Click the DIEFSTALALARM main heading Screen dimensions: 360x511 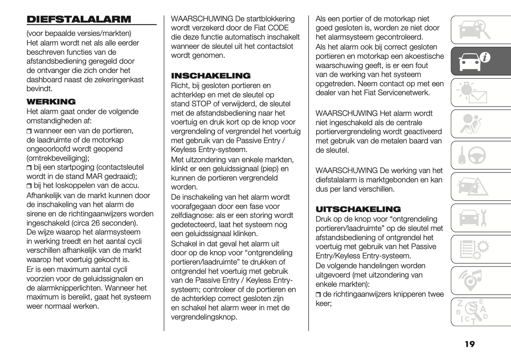[79, 19]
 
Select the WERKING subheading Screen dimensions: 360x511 [51, 102]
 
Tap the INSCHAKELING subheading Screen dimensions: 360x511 [211, 76]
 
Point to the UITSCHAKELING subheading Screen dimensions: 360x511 [358, 209]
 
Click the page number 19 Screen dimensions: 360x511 [470, 344]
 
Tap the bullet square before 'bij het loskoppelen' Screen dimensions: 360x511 [29, 186]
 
